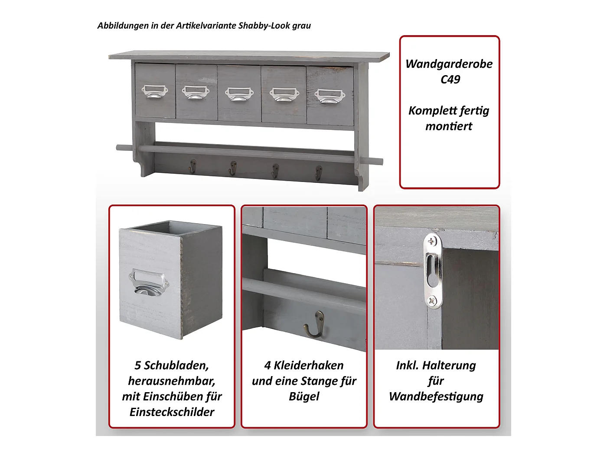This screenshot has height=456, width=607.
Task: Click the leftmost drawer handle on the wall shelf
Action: [155, 91]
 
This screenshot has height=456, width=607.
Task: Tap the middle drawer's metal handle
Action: [239, 94]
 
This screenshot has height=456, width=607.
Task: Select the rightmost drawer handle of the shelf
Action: [330, 96]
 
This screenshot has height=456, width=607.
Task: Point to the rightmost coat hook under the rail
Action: [319, 173]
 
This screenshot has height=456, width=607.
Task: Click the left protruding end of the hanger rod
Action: [125, 148]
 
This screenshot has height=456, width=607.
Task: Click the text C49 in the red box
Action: [450, 79]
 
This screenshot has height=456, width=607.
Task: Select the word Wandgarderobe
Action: [449, 64]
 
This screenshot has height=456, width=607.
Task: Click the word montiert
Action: [449, 126]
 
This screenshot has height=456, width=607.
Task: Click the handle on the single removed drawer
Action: [149, 282]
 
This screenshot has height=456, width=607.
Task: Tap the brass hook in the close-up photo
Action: [314, 324]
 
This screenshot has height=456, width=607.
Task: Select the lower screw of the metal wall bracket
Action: [432, 300]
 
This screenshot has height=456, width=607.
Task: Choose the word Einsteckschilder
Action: [172, 412]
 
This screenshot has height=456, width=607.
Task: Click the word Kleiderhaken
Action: [309, 366]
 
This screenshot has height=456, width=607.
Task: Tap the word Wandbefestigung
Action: [436, 397]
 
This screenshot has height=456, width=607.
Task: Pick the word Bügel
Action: [304, 397]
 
